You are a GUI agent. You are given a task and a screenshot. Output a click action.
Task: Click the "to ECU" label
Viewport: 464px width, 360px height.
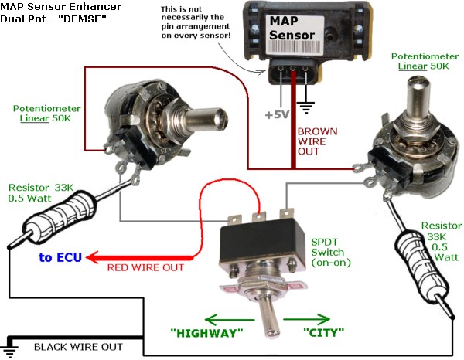pyautogui.click(x=59, y=257)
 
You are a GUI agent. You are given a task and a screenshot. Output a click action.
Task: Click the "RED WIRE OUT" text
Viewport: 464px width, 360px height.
pyautogui.click(x=146, y=268)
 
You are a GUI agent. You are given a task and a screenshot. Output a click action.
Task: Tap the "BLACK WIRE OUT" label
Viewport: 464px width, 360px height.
pyautogui.click(x=78, y=347)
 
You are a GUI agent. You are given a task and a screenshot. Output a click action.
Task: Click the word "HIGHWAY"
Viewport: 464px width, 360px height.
pyautogui.click(x=206, y=332)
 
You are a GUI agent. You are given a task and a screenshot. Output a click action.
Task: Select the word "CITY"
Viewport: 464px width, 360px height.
pyautogui.click(x=316, y=332)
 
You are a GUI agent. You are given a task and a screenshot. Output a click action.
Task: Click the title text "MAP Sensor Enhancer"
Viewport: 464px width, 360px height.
pyautogui.click(x=53, y=7)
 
